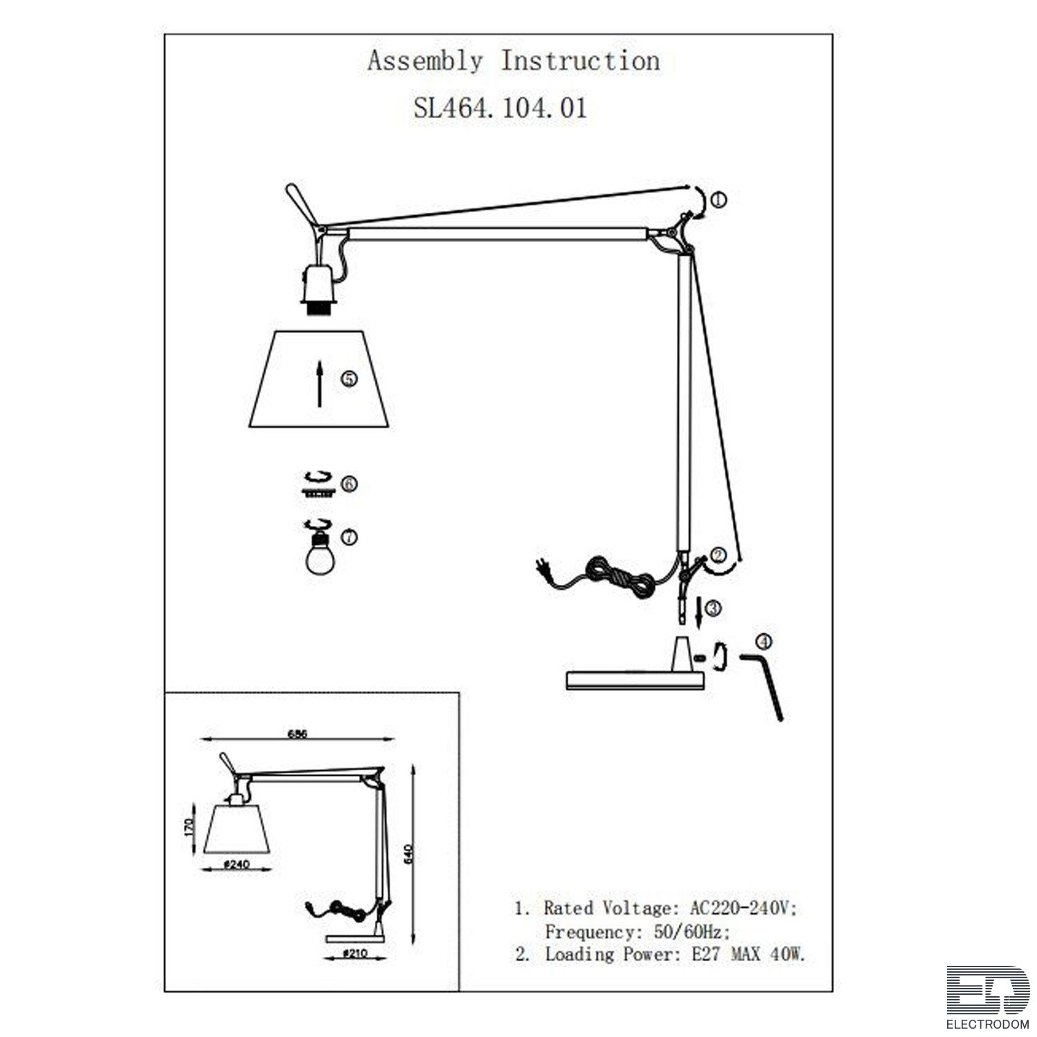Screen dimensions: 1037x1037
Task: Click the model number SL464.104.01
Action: [500, 108]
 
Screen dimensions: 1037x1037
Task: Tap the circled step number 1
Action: [719, 200]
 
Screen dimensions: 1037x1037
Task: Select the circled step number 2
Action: [718, 554]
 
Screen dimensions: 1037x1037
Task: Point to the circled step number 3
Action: [713, 608]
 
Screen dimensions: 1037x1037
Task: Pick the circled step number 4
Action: [764, 642]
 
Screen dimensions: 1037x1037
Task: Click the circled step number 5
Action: [350, 379]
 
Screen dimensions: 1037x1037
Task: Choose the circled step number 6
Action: [349, 483]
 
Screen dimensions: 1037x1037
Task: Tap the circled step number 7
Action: [349, 536]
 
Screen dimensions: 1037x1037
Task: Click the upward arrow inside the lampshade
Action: [319, 383]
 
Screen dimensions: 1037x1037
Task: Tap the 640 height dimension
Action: [408, 853]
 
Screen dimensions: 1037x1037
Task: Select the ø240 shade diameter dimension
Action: [236, 864]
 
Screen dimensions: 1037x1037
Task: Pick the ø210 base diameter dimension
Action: [355, 953]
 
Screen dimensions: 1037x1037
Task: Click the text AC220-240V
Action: [744, 908]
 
